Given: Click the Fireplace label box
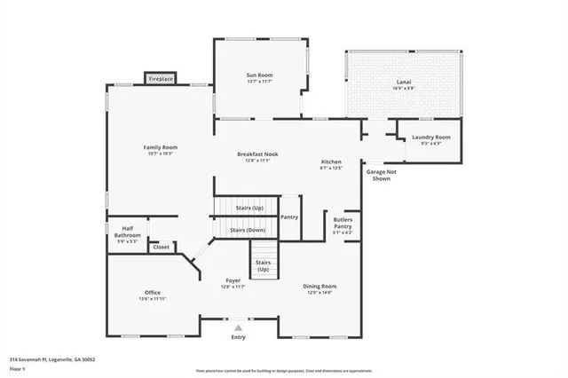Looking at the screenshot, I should [x=161, y=79].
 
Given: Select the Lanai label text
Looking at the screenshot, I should [x=404, y=85].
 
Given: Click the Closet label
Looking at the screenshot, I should [x=161, y=247].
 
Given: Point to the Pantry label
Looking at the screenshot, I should [x=289, y=217].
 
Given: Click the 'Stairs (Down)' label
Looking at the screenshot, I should [x=248, y=230].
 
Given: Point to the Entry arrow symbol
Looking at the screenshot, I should [x=238, y=327].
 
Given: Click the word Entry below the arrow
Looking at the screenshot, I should [x=238, y=337].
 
